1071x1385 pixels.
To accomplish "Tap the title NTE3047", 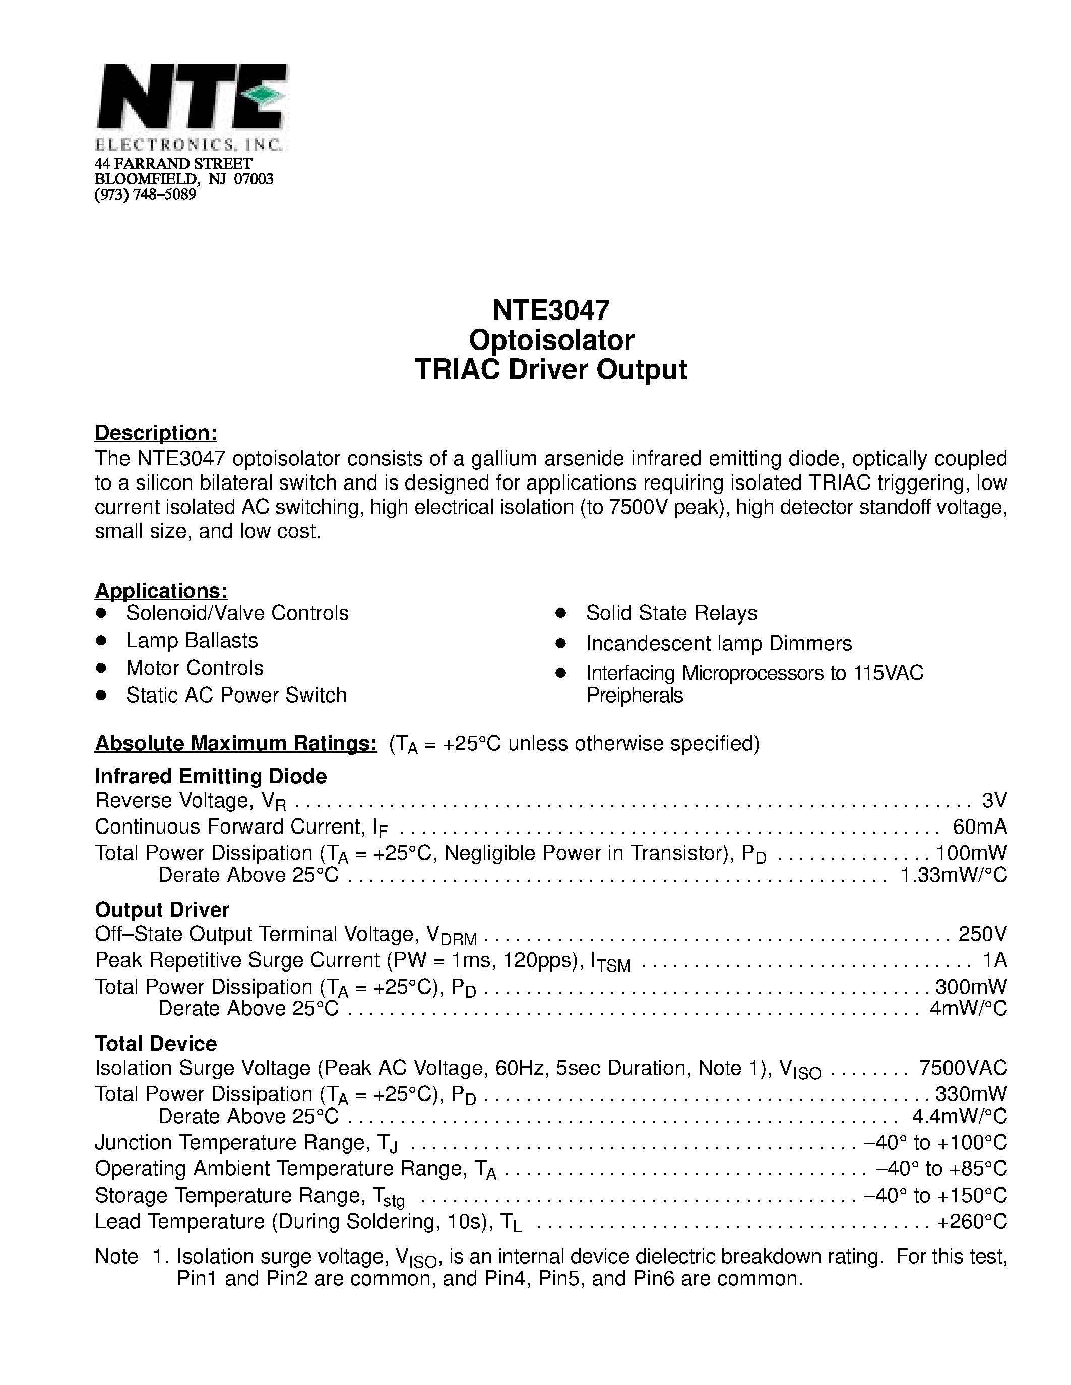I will click(551, 310).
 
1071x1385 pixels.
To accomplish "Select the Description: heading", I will click(156, 433).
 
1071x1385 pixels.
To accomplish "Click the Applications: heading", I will click(161, 590).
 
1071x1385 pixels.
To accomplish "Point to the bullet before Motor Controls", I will click(101, 668).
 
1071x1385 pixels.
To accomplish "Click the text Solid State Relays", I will click(671, 613).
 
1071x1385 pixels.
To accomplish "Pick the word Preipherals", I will click(635, 696).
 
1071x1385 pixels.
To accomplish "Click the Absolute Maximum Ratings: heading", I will click(236, 743).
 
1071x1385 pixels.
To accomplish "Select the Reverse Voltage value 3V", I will click(993, 800).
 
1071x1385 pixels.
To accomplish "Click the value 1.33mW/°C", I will click(954, 875).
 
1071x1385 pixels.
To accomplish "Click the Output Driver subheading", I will click(162, 910).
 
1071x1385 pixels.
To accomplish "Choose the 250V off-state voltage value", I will click(982, 934).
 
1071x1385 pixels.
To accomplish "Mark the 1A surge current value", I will click(994, 960).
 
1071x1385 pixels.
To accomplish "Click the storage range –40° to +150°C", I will click(935, 1196).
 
